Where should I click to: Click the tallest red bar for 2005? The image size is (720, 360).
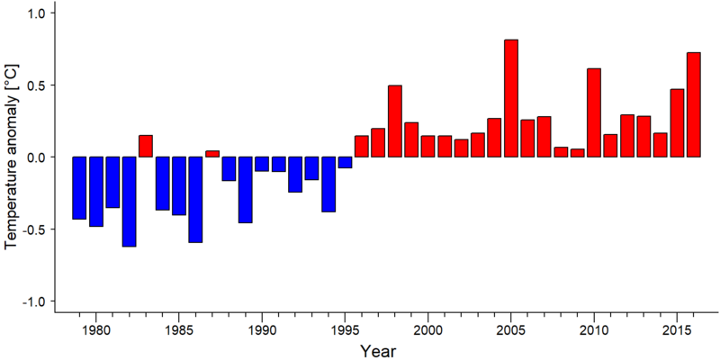tap(511, 98)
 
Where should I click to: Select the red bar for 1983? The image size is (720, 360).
tap(146, 146)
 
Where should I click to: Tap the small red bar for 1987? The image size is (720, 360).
tap(212, 154)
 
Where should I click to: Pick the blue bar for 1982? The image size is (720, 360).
tap(129, 202)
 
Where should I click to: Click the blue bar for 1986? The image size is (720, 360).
tap(195, 200)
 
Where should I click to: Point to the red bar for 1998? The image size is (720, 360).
tap(395, 121)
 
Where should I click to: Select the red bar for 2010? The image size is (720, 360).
tap(594, 112)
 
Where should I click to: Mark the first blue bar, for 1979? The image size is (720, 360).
tap(79, 188)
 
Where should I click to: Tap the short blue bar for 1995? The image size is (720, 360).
tap(345, 163)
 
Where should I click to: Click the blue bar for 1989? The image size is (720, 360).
tap(245, 190)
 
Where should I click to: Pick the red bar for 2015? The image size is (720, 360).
tap(678, 123)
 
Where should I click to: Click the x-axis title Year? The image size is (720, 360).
tap(378, 351)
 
